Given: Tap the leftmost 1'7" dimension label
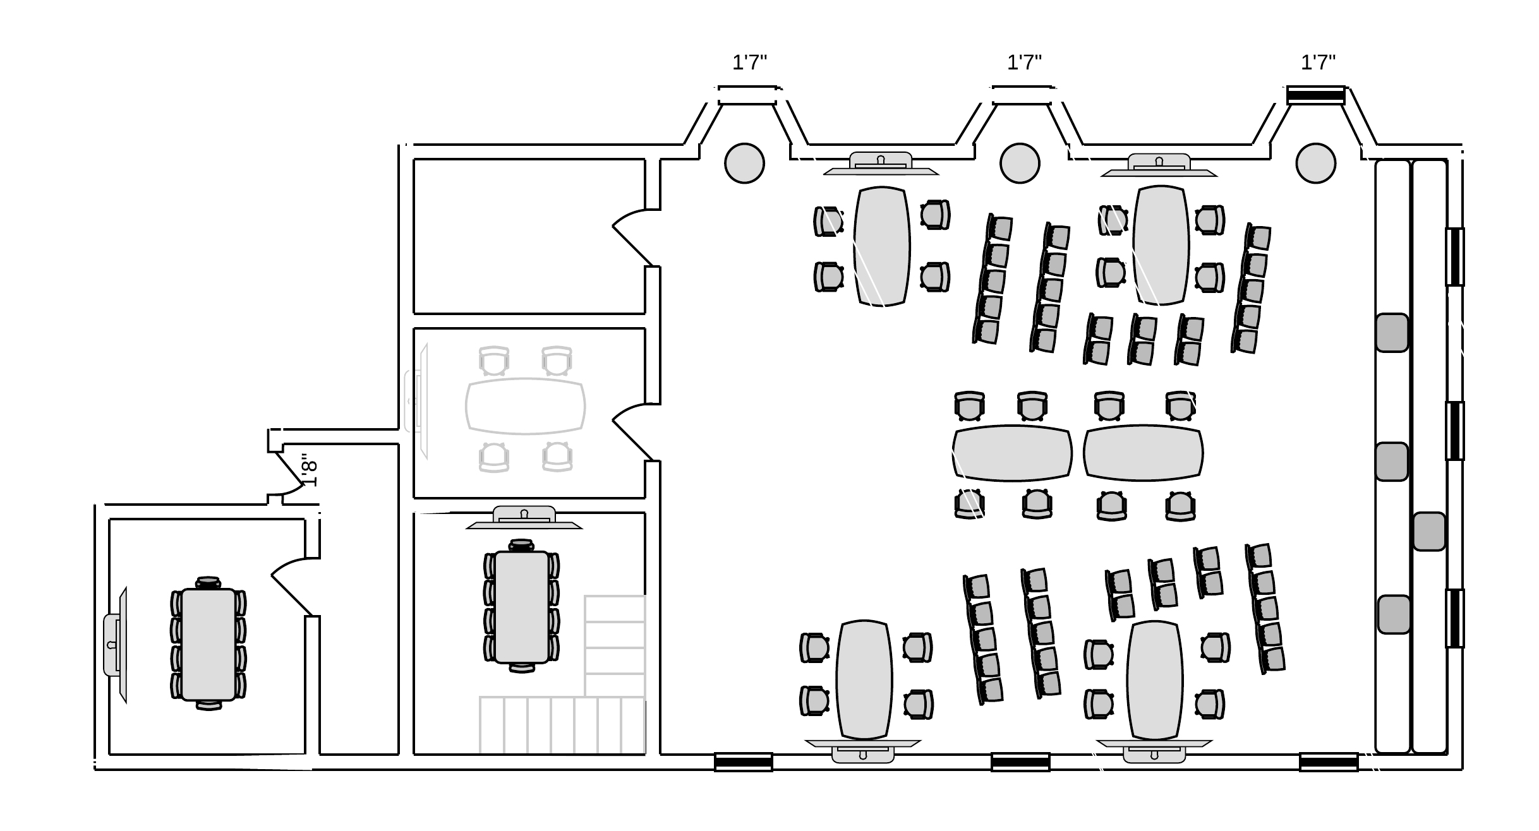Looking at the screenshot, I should tap(749, 63).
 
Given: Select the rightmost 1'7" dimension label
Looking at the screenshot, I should tap(1318, 63).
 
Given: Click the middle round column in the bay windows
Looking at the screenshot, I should tap(1020, 164).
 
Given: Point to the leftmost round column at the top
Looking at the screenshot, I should tap(744, 164).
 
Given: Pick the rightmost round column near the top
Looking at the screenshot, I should tap(1315, 164).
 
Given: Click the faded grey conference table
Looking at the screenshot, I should tap(526, 406).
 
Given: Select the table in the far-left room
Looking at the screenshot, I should tap(208, 644).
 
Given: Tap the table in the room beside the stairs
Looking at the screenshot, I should tap(522, 607).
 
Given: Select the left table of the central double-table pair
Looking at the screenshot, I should tap(1012, 453).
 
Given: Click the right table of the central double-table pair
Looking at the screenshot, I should tap(1144, 453).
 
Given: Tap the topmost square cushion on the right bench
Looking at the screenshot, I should tap(1392, 333).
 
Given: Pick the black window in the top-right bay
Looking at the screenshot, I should tap(1315, 95).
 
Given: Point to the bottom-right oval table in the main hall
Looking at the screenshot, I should tap(1155, 680).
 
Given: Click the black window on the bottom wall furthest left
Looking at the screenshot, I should tap(743, 762).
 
